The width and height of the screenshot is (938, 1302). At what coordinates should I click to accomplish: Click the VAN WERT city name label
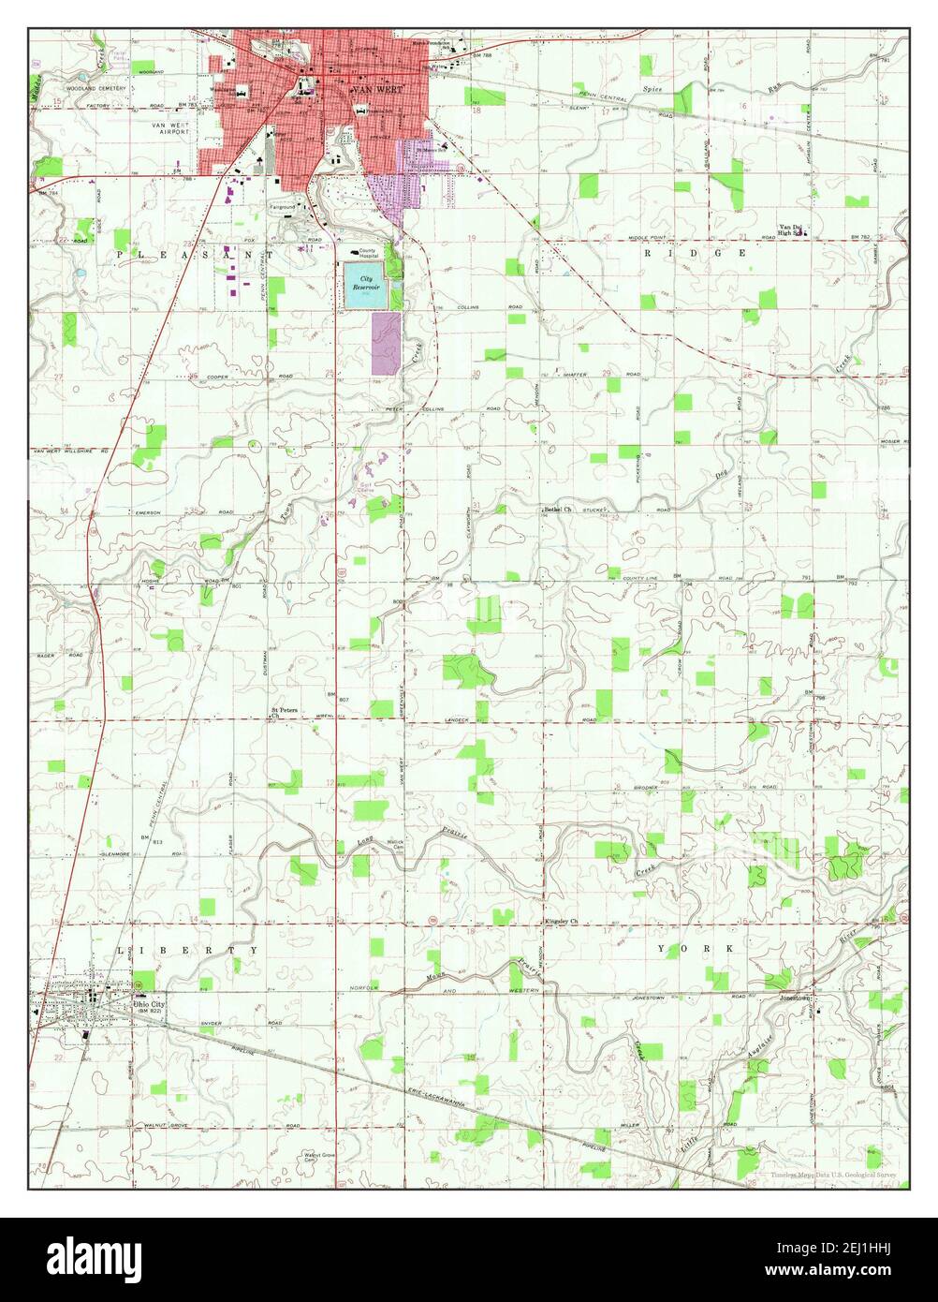coord(368,90)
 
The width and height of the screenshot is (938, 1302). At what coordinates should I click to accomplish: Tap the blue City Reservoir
coord(365,286)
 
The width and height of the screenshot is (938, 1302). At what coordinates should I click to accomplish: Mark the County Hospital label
coord(374,252)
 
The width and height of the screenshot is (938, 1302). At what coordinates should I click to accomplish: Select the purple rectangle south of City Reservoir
coord(386,343)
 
